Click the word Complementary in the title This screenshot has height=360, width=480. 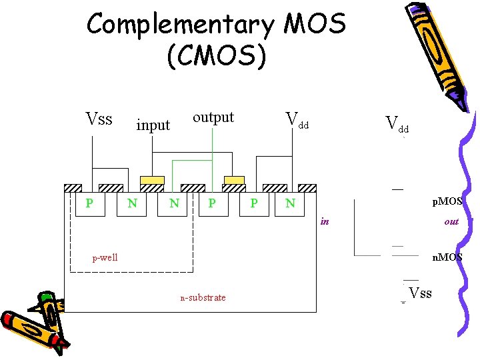180,25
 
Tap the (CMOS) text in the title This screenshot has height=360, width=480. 217,56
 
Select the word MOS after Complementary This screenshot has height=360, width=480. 315,25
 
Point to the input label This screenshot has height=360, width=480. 153,125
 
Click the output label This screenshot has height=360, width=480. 213,117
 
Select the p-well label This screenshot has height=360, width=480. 105,257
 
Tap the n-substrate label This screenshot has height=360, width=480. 203,297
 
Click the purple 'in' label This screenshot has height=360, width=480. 325,221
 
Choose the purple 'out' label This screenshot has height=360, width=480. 451,221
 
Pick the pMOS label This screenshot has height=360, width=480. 447,201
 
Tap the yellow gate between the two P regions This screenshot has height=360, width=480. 234,180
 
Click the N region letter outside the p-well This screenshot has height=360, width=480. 290,202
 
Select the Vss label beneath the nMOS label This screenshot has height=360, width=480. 420,293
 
